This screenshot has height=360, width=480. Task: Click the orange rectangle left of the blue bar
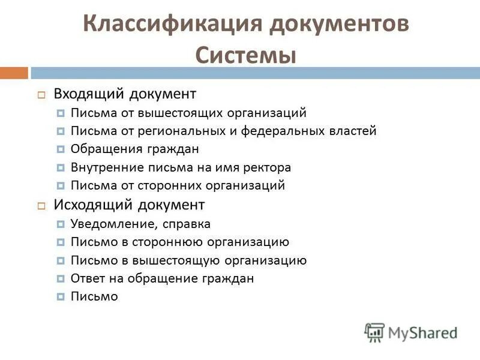point(14,73)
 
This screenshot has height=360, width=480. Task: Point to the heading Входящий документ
point(125,94)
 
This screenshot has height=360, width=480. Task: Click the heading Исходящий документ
point(129,205)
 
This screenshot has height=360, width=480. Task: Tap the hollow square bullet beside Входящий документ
point(41,95)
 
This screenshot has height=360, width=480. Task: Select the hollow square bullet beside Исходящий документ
point(41,205)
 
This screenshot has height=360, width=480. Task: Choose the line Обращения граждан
point(134,149)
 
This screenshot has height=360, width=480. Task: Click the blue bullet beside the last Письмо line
point(61,296)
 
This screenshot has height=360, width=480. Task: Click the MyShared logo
point(411,332)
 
